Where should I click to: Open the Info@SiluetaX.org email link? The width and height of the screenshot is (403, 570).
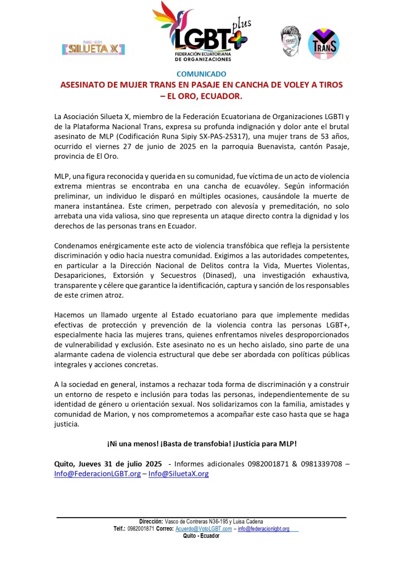[179, 474]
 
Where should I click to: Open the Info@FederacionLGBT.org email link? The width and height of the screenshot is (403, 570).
[97, 474]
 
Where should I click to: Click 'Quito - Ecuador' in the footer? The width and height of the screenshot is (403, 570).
[201, 535]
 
